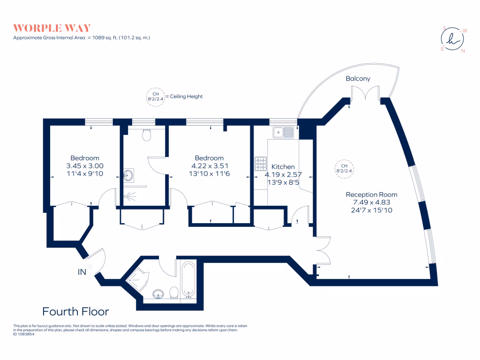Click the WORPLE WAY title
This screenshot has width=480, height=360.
pos(52,28)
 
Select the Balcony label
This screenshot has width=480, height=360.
pos(358,78)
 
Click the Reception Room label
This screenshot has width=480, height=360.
pos(371,195)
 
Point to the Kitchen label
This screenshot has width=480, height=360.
pos(283,166)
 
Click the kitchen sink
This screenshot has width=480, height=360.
pos(283,133)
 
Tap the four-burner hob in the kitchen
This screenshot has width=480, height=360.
pos(261,163)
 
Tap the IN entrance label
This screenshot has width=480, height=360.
pos(82,271)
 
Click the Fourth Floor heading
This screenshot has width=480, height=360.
pos(75,311)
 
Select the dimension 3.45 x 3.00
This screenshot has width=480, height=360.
pos(85,166)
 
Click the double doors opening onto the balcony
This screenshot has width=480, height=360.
pos(366,96)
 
